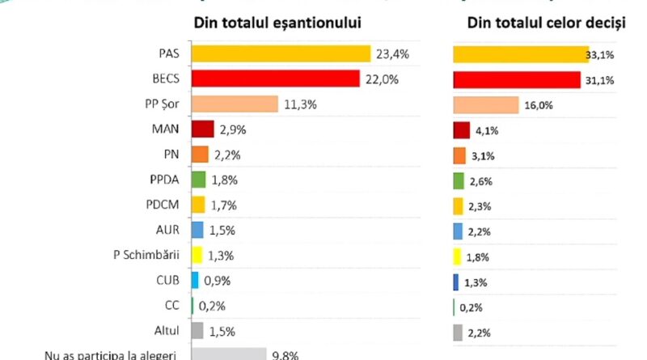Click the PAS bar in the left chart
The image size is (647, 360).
click(281, 53)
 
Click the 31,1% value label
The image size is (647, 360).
click(597, 80)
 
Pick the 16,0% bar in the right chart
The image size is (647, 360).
click(485, 105)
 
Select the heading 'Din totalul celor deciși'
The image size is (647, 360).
click(547, 23)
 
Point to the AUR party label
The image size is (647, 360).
click(168, 231)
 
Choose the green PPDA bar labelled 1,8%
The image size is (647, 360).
click(198, 180)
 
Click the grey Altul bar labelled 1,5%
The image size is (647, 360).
click(197, 330)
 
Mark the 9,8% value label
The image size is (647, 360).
click(285, 354)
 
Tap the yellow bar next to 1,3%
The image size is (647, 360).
click(196, 256)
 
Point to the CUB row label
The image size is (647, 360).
click(167, 281)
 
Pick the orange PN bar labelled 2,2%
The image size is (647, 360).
click(199, 155)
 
